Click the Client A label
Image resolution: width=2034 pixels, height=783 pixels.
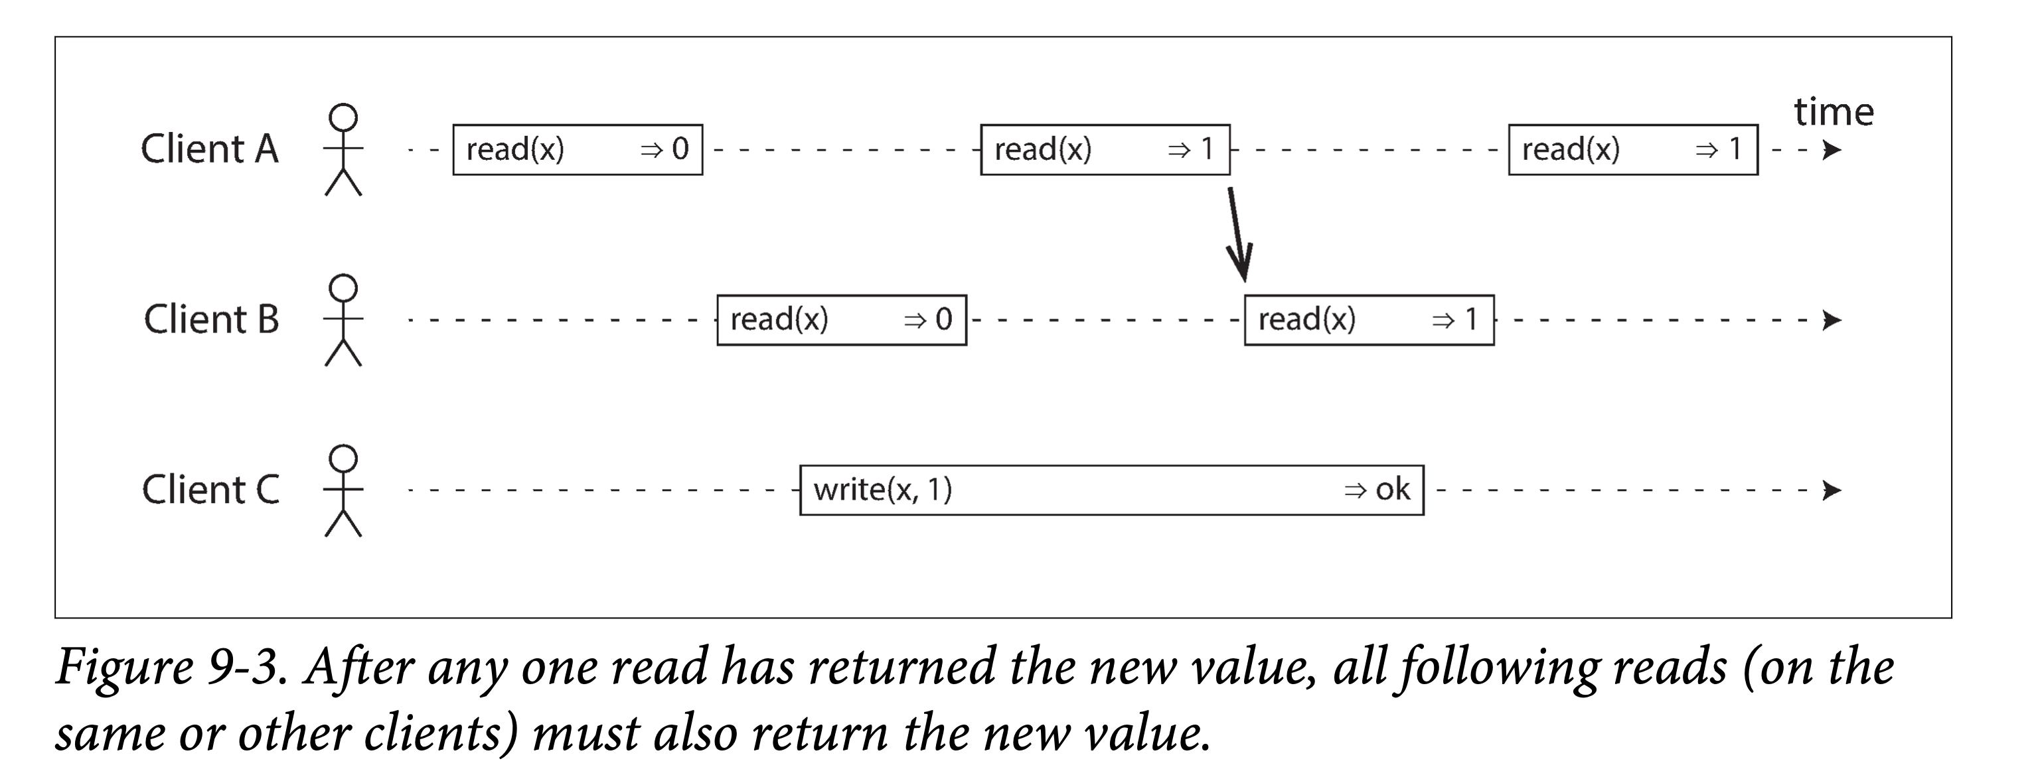click(209, 149)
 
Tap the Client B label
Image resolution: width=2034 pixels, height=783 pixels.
click(211, 320)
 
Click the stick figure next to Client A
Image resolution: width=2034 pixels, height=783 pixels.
click(343, 149)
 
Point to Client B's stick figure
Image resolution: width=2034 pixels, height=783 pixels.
click(343, 320)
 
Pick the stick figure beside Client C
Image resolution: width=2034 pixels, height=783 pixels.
click(343, 490)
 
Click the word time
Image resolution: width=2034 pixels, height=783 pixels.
click(1834, 111)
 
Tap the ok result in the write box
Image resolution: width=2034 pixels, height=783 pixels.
click(1392, 490)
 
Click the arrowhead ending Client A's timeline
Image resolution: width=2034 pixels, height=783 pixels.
click(1832, 150)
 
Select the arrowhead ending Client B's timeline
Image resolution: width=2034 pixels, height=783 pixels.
click(1832, 320)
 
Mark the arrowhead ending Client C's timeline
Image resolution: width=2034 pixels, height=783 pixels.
click(1832, 491)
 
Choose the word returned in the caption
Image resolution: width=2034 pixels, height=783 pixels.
click(903, 667)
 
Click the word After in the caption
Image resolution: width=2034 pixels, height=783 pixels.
click(359, 667)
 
